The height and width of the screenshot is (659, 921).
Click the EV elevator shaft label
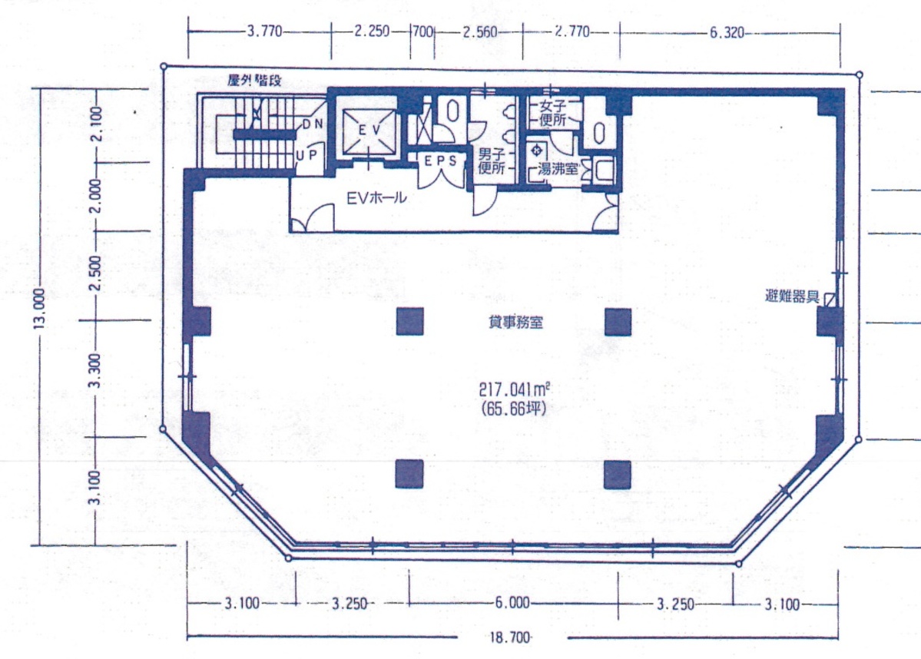point(369,130)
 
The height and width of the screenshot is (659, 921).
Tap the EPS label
point(441,161)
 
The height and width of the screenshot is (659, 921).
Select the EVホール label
point(376,198)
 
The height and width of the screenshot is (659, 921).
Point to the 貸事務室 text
point(515,322)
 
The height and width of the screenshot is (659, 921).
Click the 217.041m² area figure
point(515,389)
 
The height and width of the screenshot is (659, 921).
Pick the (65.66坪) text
point(513,408)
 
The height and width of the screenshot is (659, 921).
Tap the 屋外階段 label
point(254,81)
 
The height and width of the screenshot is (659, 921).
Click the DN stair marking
point(313,124)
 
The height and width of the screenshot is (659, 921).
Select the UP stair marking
point(306,156)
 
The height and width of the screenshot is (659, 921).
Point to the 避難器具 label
point(793,296)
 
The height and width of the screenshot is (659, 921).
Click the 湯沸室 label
point(558,170)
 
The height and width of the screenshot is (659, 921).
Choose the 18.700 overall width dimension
point(510,637)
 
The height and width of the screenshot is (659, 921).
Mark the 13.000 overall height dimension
point(39,308)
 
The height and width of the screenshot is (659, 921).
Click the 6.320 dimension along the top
point(727,32)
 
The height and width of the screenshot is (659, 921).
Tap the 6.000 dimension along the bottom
point(512,603)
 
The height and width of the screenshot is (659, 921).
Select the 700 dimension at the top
point(423,31)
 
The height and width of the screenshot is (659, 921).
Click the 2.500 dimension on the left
point(94,273)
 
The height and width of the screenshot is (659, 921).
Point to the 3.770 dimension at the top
point(265,31)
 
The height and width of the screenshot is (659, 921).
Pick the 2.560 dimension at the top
point(480,31)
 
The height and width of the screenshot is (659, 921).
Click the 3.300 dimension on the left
point(94,371)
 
